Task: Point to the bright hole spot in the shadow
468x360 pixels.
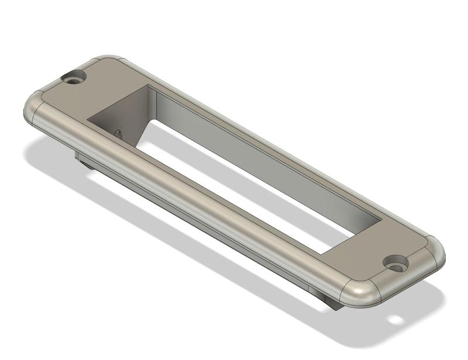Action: (x=396, y=320)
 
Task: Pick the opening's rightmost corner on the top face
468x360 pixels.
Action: (x=381, y=220)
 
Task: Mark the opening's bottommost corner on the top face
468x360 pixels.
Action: (x=321, y=254)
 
